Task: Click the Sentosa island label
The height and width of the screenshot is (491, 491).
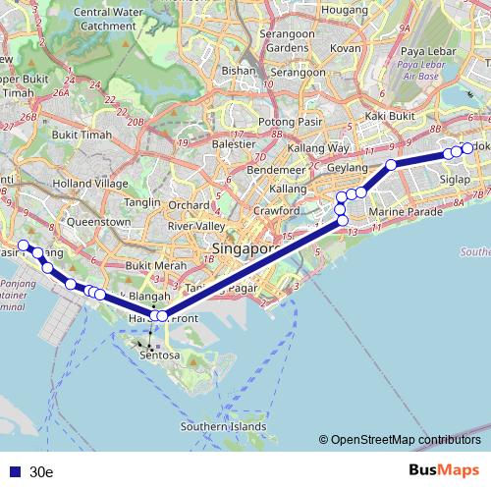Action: tap(161, 355)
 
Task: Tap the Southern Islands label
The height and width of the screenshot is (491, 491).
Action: tap(223, 426)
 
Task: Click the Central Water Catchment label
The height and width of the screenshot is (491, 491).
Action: tap(102, 20)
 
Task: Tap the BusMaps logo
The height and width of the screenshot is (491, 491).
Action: tap(443, 470)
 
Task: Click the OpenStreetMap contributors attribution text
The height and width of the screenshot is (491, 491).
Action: tap(405, 440)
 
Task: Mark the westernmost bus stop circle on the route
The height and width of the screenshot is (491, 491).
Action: tap(24, 245)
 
